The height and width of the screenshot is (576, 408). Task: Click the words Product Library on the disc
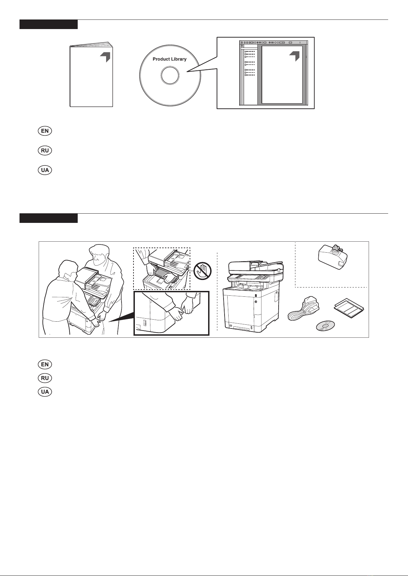click(169, 59)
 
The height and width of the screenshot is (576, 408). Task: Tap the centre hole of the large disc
click(170, 76)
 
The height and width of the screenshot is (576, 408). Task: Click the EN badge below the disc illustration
click(45, 131)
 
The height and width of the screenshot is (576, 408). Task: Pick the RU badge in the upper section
click(45, 150)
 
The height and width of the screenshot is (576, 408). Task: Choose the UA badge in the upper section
click(45, 170)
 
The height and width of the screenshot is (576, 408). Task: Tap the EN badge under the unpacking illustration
click(45, 364)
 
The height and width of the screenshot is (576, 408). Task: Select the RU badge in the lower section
click(45, 378)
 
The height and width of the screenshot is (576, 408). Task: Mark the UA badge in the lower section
click(45, 392)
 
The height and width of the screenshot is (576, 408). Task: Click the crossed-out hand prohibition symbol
click(203, 271)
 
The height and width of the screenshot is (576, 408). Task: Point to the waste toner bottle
click(333, 257)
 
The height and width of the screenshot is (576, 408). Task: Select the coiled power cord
click(304, 308)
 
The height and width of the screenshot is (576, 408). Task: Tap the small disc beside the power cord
click(326, 325)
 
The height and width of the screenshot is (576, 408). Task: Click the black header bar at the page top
click(49, 24)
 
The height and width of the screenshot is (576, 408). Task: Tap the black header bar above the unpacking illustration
click(49, 218)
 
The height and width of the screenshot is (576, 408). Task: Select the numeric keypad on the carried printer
click(94, 300)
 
